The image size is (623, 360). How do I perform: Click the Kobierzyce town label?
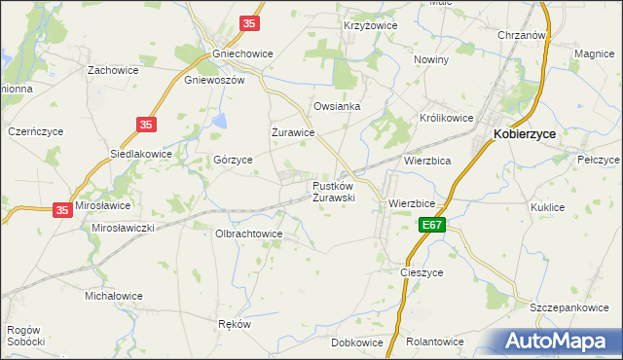tap(530, 136)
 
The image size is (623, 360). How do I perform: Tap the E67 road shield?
tap(435, 225)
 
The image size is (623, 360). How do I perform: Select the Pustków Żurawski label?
tap(333, 191)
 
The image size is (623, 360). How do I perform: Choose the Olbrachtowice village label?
tap(249, 234)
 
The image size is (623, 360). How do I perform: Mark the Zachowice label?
tap(113, 70)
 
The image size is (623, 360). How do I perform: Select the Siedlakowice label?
tap(141, 154)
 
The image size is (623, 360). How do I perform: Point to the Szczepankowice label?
tap(568, 307)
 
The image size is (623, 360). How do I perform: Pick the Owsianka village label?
tap(337, 106)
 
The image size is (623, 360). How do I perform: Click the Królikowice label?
tap(446, 118)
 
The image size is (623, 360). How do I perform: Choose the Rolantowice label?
tap(434, 342)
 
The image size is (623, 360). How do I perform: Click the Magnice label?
tap(595, 54)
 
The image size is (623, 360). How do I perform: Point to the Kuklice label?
tap(548, 207)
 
